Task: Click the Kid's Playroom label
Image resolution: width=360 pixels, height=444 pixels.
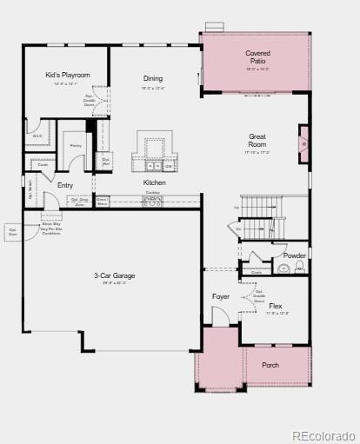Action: (68, 76)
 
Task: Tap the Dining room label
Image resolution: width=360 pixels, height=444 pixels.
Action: (153, 79)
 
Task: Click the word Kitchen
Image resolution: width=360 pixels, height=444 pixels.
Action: (154, 182)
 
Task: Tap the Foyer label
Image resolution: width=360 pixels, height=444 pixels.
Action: (221, 296)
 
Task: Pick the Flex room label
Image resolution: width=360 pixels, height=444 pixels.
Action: (275, 307)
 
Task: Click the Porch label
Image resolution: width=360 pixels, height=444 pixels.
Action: (270, 365)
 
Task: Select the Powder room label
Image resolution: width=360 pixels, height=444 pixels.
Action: (294, 255)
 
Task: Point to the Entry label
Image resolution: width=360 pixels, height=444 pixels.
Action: (65, 185)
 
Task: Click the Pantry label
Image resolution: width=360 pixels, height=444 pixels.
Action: (76, 146)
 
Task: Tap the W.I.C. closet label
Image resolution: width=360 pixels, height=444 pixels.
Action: (37, 136)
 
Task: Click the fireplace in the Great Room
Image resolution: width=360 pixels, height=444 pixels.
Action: (303, 144)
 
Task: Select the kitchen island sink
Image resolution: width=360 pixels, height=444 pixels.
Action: (152, 164)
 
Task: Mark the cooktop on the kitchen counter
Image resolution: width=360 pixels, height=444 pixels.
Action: (152, 200)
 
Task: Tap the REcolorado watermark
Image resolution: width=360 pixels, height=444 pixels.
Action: (323, 435)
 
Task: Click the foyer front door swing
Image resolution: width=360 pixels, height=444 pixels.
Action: (219, 318)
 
